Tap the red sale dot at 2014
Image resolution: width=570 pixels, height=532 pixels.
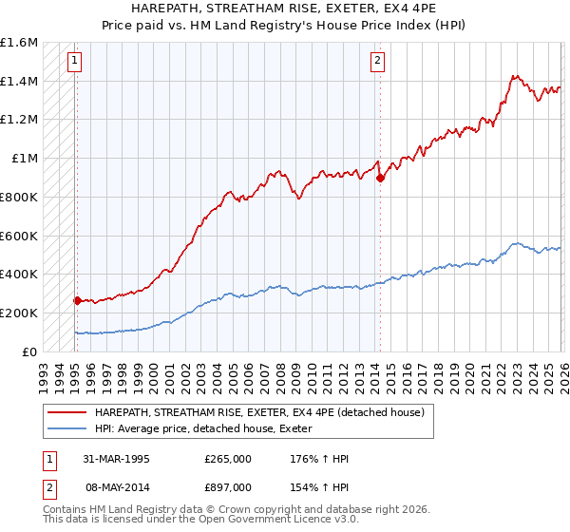tap(380, 178)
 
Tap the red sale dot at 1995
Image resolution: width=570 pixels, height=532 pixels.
tap(77, 300)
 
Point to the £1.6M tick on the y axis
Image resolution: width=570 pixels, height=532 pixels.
tap(19, 43)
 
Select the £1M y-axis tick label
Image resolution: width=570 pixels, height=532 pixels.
tap(25, 159)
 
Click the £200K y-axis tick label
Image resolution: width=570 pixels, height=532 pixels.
tap(19, 313)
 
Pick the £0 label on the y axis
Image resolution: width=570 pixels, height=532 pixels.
tap(30, 351)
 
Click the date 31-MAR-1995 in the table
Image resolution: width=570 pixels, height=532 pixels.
tap(115, 459)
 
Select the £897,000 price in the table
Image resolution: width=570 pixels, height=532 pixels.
tap(228, 486)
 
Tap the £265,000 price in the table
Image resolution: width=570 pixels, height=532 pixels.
tap(228, 459)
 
